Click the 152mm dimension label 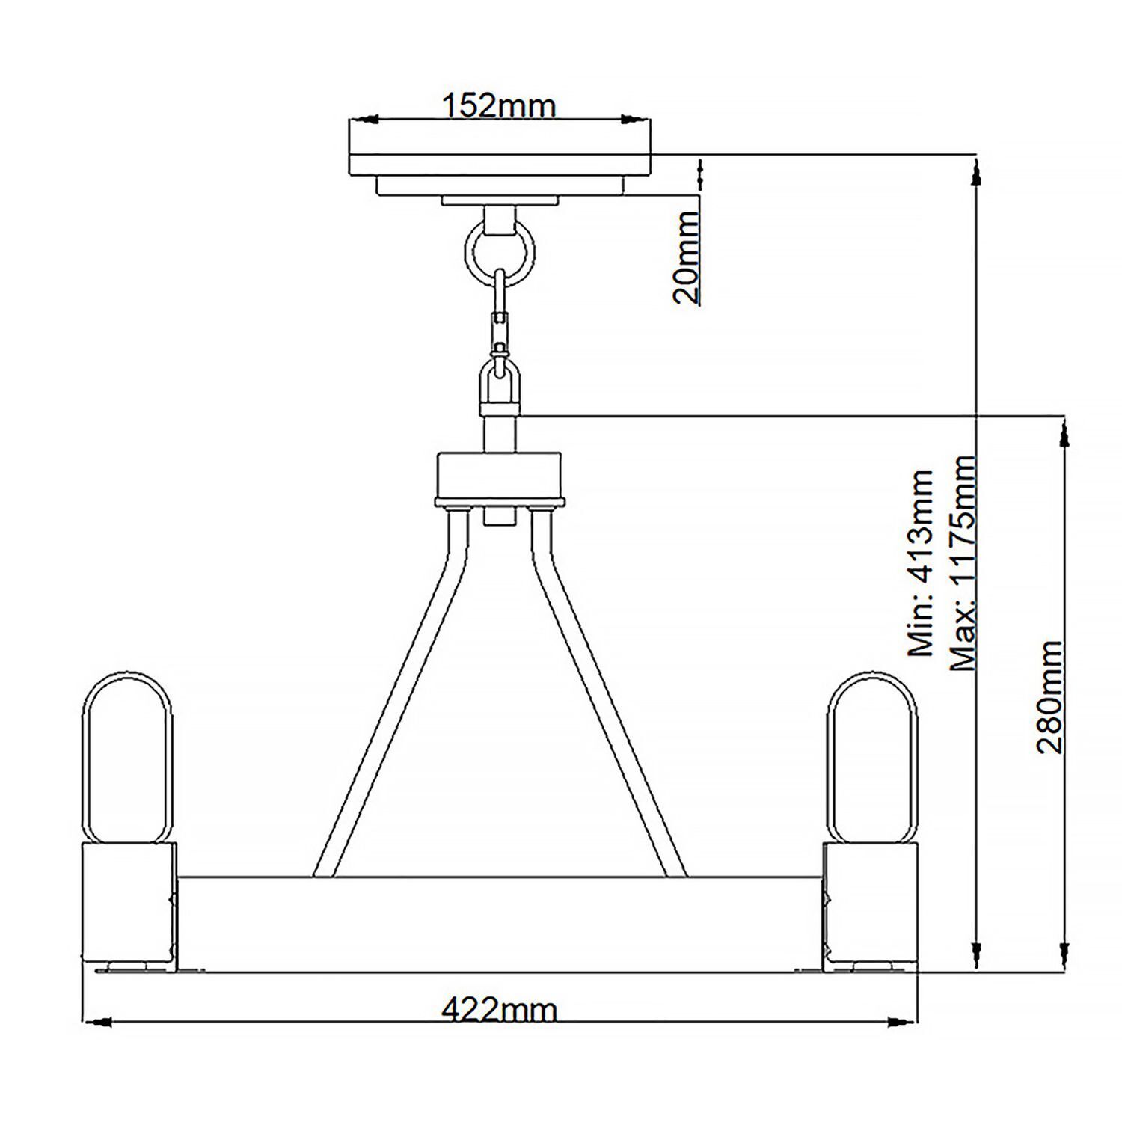(499, 106)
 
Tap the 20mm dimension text (686, 257)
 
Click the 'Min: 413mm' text (920, 563)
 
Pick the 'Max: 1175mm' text (963, 562)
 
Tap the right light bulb (872, 756)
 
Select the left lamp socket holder (128, 906)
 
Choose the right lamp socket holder (869, 906)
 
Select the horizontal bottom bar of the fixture (499, 924)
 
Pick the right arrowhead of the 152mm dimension (634, 119)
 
